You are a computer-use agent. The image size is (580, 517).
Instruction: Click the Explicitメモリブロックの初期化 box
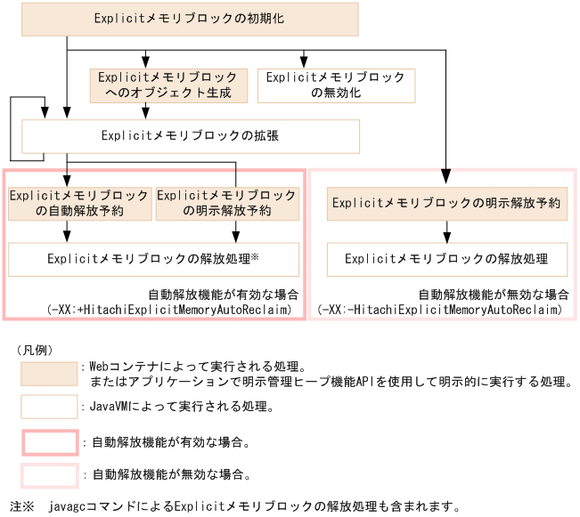click(x=191, y=19)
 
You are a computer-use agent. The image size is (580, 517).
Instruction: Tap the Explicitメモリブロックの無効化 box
click(x=336, y=85)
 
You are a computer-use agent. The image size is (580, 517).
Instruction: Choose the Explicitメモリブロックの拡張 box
click(x=191, y=136)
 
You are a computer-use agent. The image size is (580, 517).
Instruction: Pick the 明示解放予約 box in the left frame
click(x=226, y=203)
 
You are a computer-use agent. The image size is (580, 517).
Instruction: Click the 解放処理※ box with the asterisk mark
click(x=152, y=259)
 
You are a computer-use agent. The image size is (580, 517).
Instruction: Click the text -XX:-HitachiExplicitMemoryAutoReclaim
click(x=439, y=309)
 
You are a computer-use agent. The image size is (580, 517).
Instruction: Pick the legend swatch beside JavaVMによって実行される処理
click(x=50, y=407)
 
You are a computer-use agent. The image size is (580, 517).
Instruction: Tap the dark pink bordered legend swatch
click(x=50, y=442)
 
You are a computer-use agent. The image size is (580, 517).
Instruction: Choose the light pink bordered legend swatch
click(x=50, y=474)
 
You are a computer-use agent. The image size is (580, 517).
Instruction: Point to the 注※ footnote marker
click(x=20, y=507)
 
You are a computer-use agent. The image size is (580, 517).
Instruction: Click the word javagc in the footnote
click(x=75, y=507)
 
